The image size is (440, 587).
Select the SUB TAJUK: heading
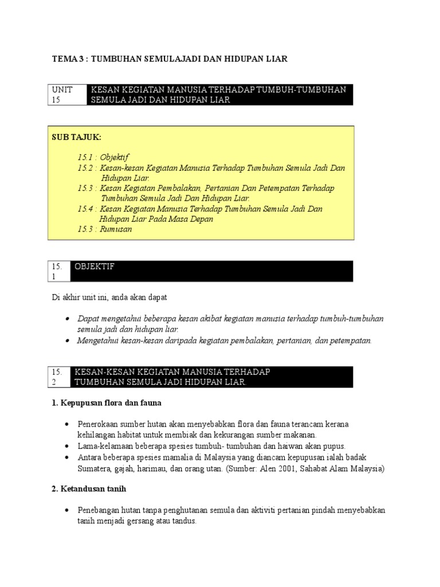click(x=76, y=138)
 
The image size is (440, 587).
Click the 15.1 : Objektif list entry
click(x=104, y=157)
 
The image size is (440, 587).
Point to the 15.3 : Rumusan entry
click(x=105, y=229)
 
